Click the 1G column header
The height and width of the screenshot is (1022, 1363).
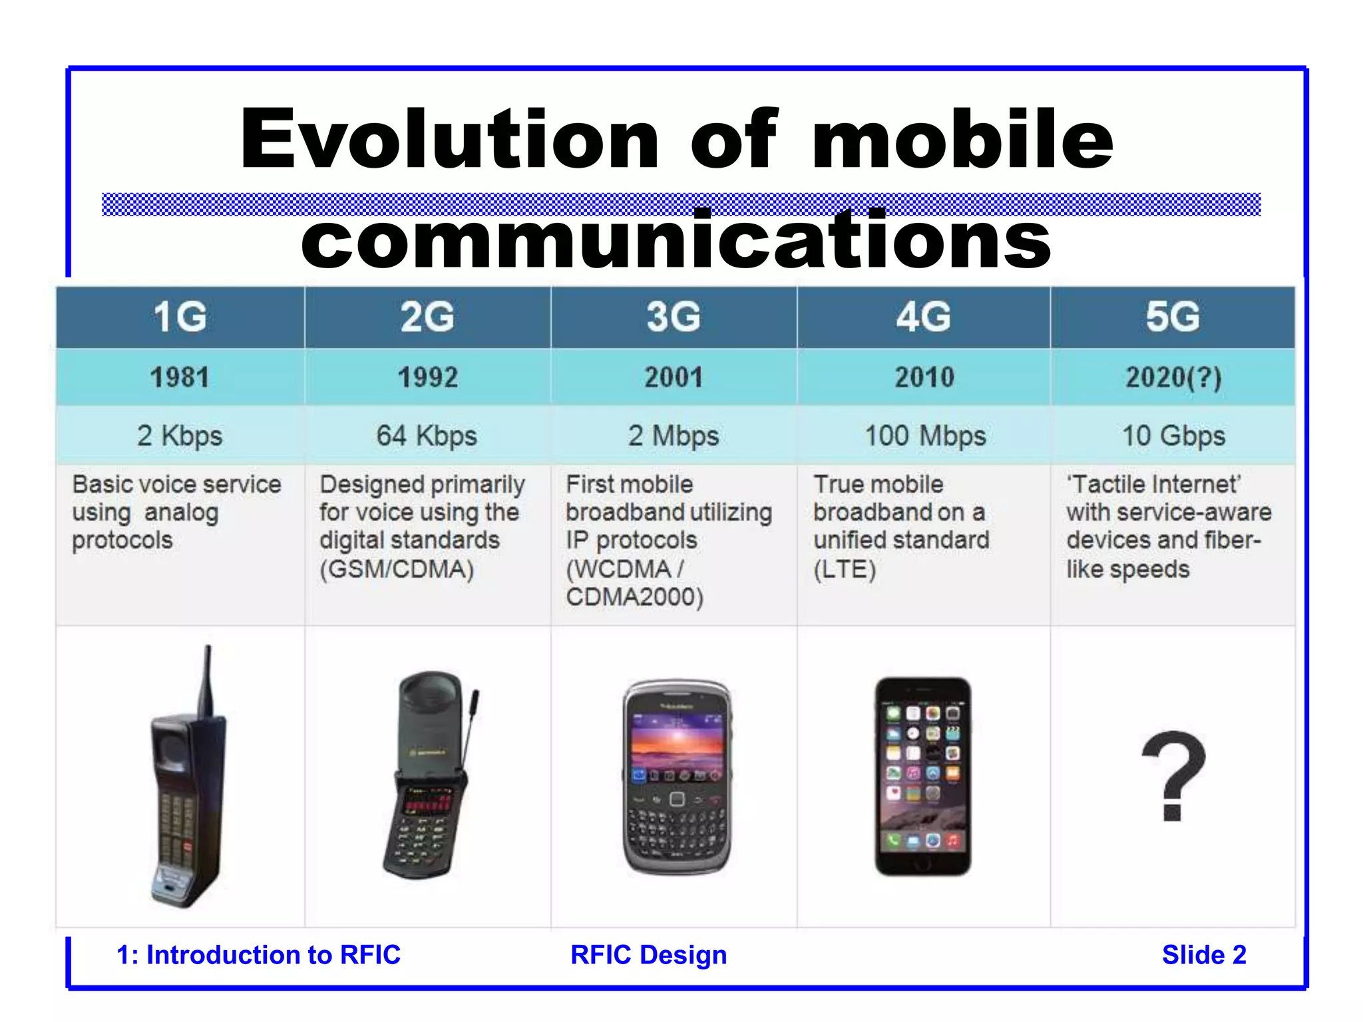pyautogui.click(x=180, y=317)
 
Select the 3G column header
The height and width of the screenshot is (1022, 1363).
pyautogui.click(x=674, y=317)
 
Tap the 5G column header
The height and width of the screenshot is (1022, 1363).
pyautogui.click(x=1173, y=317)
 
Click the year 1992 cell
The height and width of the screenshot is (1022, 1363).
pyautogui.click(x=428, y=378)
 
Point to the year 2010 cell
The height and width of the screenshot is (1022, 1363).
pyautogui.click(x=924, y=378)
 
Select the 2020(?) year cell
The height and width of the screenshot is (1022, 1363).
pyautogui.click(x=1173, y=378)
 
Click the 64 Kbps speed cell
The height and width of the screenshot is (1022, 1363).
pyautogui.click(x=427, y=436)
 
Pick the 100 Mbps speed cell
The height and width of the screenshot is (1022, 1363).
pyautogui.click(x=924, y=436)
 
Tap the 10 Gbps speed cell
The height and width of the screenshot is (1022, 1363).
pyautogui.click(x=1173, y=436)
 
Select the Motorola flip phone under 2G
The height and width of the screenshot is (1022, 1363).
pyautogui.click(x=426, y=775)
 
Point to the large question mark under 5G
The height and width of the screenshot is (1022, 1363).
pyautogui.click(x=1173, y=775)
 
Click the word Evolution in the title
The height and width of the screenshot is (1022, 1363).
pyautogui.click(x=449, y=140)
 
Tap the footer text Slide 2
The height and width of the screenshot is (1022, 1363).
pyautogui.click(x=1203, y=955)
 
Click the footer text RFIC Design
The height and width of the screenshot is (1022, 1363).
pyautogui.click(x=648, y=955)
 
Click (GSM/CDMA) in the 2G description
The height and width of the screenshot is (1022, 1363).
pyautogui.click(x=397, y=570)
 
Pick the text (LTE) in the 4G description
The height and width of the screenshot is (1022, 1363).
pyautogui.click(x=845, y=570)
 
